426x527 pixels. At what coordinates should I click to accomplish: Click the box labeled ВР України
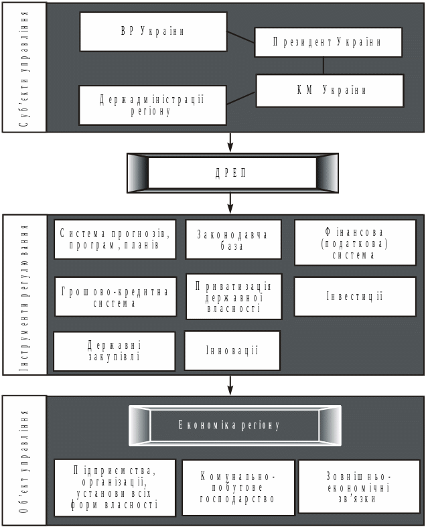153,31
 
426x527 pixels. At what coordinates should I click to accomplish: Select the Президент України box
328,42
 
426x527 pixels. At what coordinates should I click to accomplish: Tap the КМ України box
330,90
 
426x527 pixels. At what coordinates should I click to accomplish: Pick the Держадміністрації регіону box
153,105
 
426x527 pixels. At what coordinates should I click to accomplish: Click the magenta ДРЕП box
232,173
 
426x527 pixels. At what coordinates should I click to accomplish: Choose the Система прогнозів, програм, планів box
115,239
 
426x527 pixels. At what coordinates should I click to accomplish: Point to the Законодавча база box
233,240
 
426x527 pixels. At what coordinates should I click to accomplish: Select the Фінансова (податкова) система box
355,242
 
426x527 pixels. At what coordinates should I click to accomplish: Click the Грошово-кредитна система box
115,297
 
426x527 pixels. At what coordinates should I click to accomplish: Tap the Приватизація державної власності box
234,297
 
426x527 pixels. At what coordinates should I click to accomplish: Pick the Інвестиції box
355,297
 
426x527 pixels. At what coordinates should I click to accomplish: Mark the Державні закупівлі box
114,351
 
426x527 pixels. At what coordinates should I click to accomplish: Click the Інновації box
232,351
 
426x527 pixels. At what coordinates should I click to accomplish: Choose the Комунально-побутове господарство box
238,487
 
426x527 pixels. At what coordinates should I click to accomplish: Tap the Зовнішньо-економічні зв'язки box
359,487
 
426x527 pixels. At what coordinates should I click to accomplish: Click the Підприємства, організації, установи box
115,487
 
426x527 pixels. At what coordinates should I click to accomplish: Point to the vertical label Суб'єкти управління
24,66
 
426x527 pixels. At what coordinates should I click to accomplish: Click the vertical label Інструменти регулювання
24,295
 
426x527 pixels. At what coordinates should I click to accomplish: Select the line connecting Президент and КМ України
324,66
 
